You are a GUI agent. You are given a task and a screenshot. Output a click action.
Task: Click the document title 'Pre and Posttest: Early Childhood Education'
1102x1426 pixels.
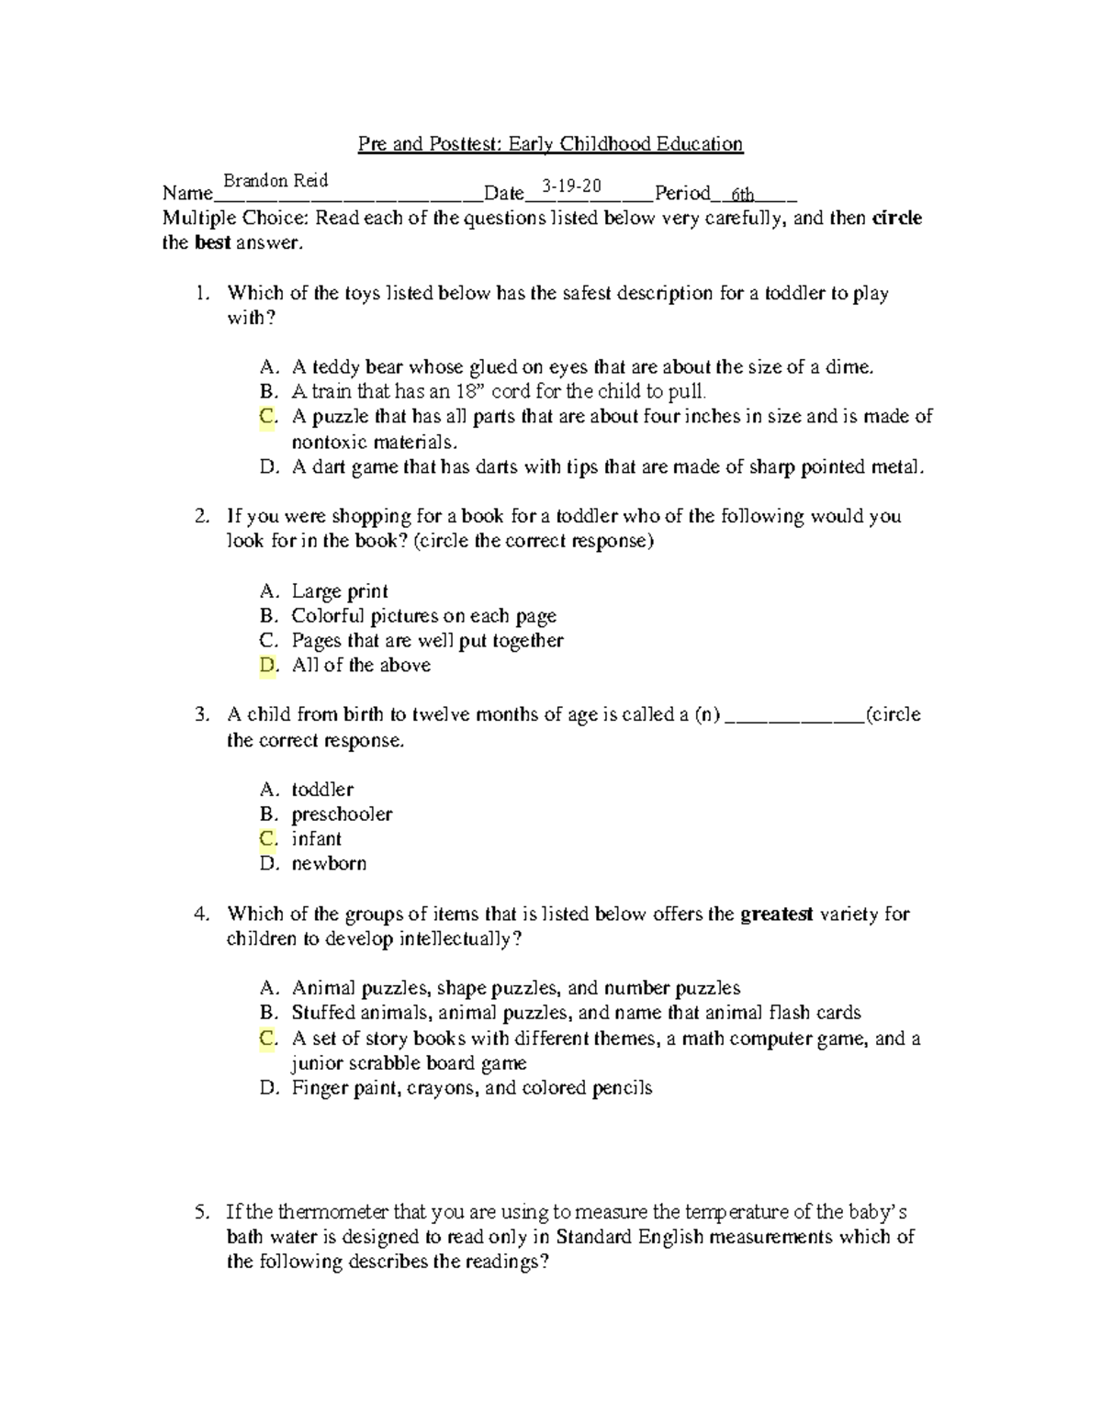click(550, 144)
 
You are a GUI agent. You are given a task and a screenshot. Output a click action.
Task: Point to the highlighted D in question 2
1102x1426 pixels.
click(268, 666)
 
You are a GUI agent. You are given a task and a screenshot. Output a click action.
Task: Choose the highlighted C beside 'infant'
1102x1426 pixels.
click(268, 839)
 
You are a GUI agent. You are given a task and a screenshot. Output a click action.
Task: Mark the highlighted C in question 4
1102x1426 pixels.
click(268, 1039)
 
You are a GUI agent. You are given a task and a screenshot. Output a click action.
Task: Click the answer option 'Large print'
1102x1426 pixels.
click(340, 591)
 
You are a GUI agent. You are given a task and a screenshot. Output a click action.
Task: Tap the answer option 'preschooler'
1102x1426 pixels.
click(342, 814)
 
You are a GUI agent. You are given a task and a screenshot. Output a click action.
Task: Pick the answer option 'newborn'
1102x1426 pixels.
click(329, 864)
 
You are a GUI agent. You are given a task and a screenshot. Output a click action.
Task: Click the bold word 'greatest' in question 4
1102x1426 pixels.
click(776, 915)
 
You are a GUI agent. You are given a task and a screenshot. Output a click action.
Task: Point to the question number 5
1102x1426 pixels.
click(202, 1212)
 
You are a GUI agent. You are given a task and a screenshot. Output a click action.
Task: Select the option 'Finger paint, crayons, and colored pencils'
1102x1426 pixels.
click(472, 1089)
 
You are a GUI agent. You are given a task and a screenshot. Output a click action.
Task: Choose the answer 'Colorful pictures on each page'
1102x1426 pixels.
click(423, 616)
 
